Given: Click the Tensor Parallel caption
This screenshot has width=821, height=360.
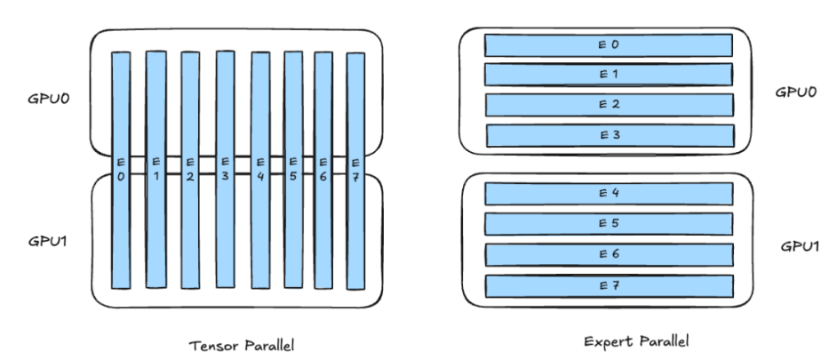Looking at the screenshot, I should point(242,345).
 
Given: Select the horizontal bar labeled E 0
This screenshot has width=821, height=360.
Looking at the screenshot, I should point(608,44).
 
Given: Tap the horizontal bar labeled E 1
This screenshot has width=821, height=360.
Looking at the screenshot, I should point(609,74).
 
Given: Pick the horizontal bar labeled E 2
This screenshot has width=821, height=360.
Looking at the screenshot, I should point(609,104).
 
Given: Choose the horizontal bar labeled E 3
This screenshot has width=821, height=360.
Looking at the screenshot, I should point(610,135).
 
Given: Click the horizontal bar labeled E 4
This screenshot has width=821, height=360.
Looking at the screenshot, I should point(609,193).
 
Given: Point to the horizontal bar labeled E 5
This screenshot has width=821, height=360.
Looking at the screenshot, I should point(609,223).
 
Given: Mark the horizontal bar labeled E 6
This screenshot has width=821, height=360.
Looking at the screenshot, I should point(609,254).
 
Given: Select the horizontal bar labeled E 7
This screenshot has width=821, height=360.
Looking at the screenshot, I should point(609,285).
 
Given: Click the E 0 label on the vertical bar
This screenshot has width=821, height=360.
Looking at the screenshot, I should point(121,169).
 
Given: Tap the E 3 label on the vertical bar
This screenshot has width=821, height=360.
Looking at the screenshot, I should point(225,169).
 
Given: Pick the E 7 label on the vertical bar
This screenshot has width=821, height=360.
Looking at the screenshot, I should point(355,169).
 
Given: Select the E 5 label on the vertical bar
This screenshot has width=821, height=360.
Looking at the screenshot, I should point(294,169).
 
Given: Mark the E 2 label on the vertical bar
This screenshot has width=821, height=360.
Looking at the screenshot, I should point(190,169).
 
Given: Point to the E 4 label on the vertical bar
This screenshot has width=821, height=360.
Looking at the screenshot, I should point(260,169).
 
